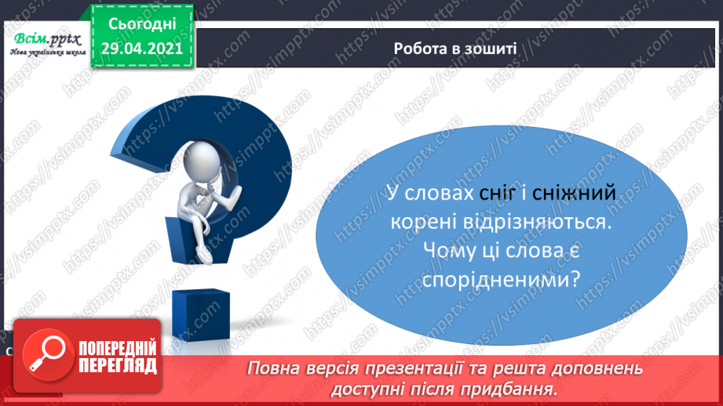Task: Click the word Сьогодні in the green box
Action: coord(142,24)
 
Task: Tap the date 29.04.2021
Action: coord(142,49)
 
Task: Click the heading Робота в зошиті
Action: coord(455,49)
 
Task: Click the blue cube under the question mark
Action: coord(201,315)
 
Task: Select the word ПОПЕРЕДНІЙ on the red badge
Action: coord(118,349)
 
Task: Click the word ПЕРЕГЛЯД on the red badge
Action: coord(118,366)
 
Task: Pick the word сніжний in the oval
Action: coord(574,193)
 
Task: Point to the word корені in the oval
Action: coord(421,222)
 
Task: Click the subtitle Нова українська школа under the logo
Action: coord(48,52)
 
